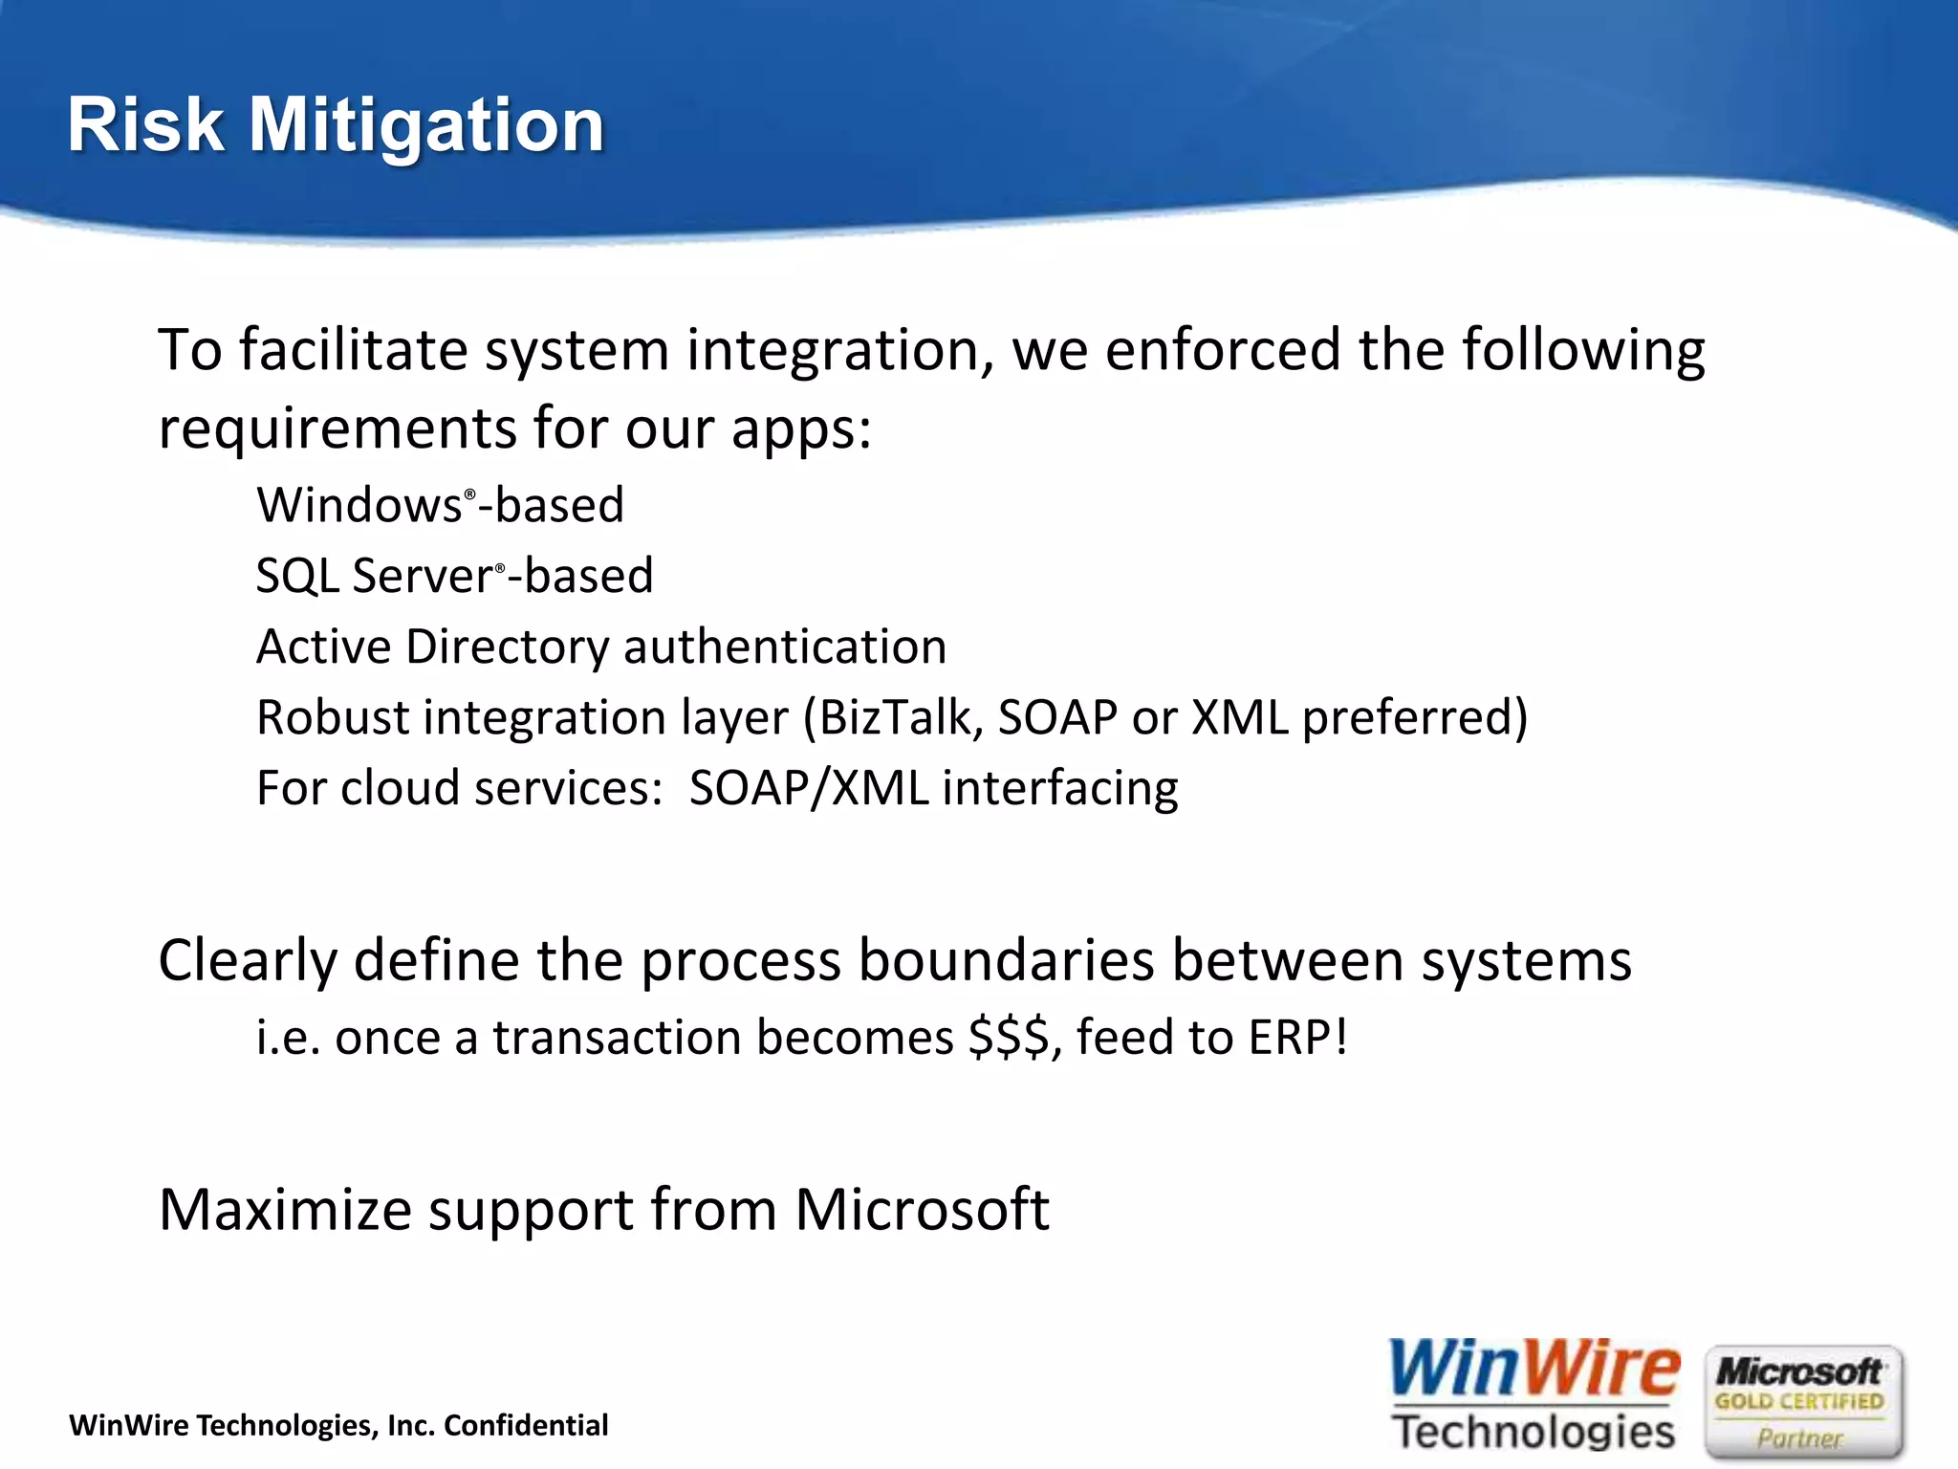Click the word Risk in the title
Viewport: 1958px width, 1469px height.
(145, 125)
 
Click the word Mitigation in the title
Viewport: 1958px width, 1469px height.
(426, 125)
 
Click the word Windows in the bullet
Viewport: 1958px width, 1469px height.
(359, 505)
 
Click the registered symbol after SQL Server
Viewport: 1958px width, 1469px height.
(500, 568)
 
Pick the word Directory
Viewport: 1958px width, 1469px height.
(507, 647)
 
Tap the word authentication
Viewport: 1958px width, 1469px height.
(785, 647)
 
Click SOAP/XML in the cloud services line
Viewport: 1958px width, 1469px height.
(809, 789)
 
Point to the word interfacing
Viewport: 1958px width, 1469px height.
(1059, 789)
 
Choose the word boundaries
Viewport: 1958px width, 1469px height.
(1007, 960)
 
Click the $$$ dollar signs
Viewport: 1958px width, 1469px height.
(1009, 1038)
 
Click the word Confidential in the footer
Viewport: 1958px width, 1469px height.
(526, 1425)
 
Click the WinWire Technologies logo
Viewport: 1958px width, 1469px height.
(1533, 1396)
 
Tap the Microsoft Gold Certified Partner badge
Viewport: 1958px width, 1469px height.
(1803, 1402)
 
